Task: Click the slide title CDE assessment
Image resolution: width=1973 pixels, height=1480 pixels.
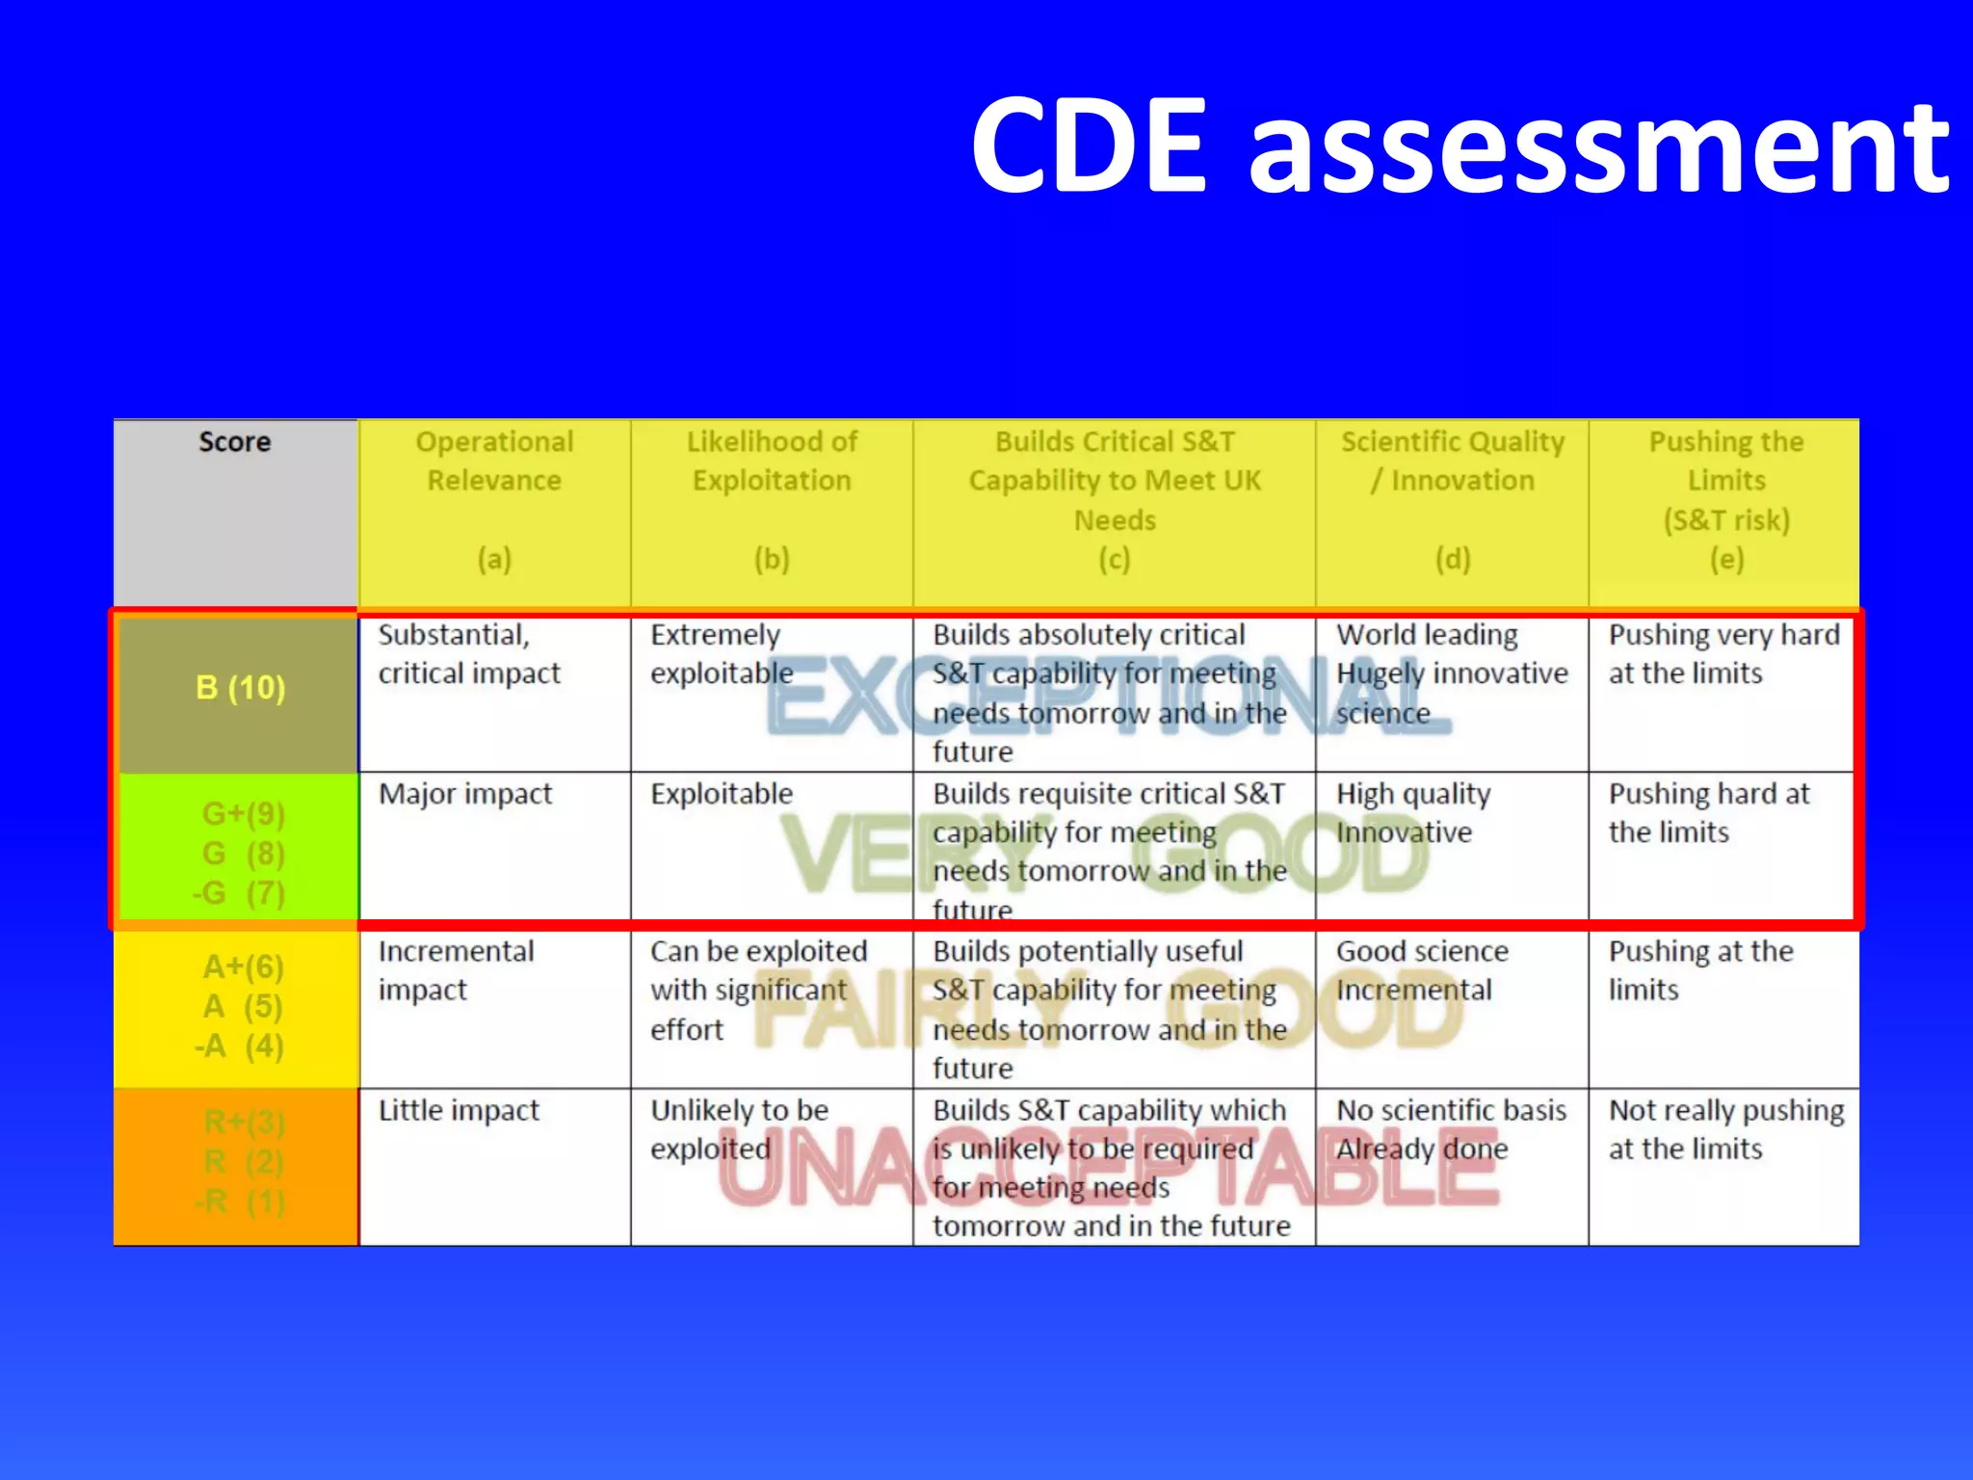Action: pos(1459,146)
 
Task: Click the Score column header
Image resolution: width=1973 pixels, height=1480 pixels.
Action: pos(234,442)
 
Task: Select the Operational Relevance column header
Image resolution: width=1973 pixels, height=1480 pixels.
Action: pos(494,462)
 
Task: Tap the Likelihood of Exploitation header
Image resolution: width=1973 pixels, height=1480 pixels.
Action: pos(772,462)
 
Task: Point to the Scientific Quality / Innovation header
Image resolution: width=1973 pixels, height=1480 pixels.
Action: pos(1453,462)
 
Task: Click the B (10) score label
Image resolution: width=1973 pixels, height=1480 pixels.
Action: pos(240,688)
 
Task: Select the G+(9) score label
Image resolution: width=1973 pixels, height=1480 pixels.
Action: pos(243,814)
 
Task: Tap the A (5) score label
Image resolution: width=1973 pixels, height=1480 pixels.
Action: pos(242,1007)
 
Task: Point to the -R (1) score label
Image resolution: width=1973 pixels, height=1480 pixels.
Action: pos(240,1202)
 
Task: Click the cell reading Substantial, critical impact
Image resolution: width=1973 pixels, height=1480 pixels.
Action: pos(468,654)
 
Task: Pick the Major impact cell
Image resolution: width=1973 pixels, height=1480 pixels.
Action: pos(465,794)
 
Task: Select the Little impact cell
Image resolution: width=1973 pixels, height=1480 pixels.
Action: pos(459,1111)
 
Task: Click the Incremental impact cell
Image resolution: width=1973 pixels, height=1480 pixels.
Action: pos(456,970)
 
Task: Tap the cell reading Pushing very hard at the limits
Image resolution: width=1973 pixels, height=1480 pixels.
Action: pos(1723,654)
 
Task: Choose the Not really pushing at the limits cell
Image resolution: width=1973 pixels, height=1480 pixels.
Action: pos(1725,1129)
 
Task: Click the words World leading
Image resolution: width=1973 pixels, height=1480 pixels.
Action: pos(1427,635)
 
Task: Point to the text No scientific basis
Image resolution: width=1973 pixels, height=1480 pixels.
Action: pos(1451,1111)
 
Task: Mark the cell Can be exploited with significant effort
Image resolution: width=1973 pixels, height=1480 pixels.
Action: pos(758,991)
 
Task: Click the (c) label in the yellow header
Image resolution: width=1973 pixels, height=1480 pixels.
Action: pos(1114,560)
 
